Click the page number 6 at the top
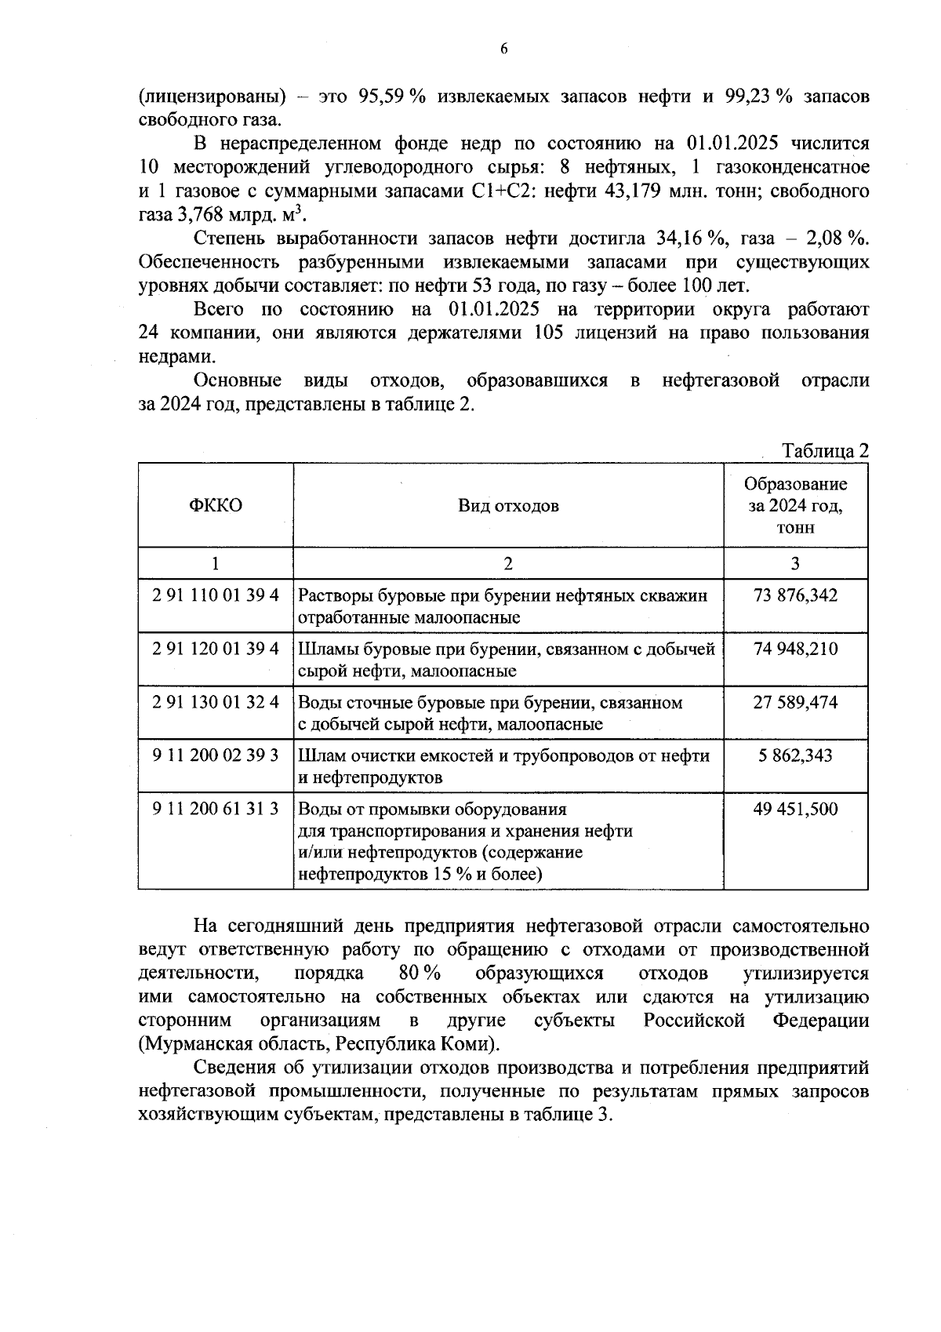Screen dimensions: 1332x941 [x=504, y=49]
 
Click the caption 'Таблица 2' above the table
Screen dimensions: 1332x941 [x=826, y=451]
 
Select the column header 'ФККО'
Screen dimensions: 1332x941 [x=216, y=505]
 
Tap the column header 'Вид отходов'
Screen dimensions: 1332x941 [x=508, y=505]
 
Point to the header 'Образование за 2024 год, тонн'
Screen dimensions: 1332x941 [x=795, y=505]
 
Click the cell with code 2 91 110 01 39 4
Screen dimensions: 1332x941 [x=216, y=595]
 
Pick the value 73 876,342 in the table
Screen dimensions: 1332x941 [x=795, y=595]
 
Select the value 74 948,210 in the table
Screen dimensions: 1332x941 [x=795, y=649]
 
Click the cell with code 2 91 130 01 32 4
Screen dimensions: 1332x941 [x=216, y=702]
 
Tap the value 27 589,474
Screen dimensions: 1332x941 [x=795, y=702]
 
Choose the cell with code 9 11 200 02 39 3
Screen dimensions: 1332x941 [x=216, y=755]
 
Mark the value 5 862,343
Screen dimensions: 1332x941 [x=795, y=755]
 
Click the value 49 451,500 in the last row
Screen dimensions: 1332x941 [x=795, y=809]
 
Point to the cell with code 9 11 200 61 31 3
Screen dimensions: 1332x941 [x=216, y=809]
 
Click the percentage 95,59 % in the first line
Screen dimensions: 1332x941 [x=391, y=96]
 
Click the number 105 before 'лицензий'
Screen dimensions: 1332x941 [x=548, y=333]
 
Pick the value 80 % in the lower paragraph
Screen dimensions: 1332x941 [x=419, y=974]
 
